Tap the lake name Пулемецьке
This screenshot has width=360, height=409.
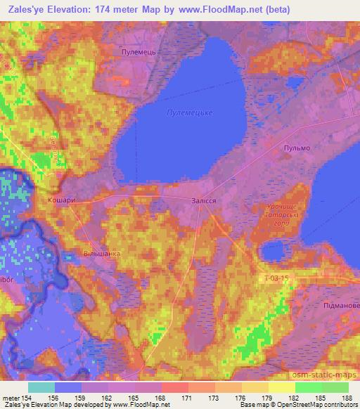189,112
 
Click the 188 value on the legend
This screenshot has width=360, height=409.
347,398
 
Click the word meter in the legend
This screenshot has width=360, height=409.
12,398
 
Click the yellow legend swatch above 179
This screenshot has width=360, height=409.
254,387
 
